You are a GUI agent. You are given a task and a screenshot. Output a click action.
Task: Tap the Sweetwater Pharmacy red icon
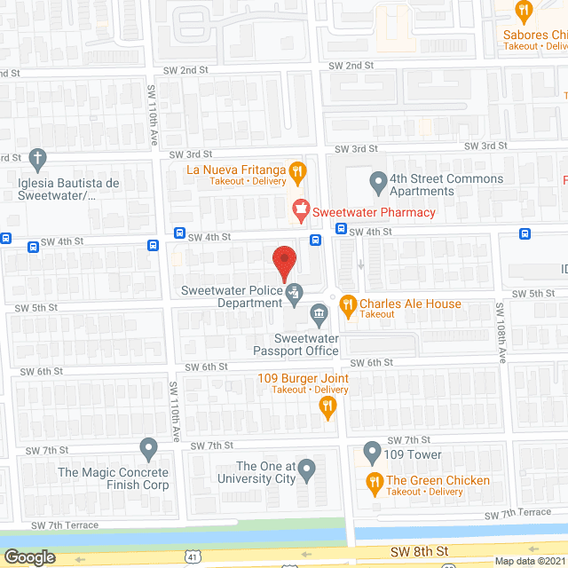pyautogui.click(x=300, y=211)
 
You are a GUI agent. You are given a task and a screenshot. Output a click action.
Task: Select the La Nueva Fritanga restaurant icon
pyautogui.click(x=299, y=170)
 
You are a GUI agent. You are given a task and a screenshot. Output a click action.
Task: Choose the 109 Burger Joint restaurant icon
pyautogui.click(x=327, y=406)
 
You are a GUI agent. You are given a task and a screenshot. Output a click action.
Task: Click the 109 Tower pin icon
pyautogui.click(x=372, y=454)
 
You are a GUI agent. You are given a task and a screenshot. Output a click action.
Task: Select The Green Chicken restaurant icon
pyautogui.click(x=375, y=482)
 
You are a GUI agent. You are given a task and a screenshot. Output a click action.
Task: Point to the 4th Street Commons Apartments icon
pyautogui.click(x=379, y=184)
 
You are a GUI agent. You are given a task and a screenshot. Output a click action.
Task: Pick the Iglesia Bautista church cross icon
pyautogui.click(x=36, y=161)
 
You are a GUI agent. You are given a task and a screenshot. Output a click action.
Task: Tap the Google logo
pyautogui.click(x=28, y=557)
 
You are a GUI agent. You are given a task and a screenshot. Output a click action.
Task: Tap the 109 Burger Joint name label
pyautogui.click(x=311, y=379)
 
